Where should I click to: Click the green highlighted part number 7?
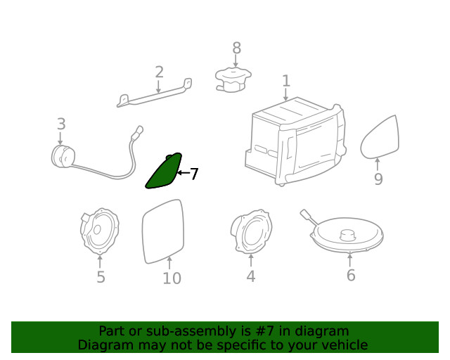[x=165, y=172]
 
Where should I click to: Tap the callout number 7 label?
[x=194, y=174]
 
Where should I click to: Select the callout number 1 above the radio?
[x=286, y=81]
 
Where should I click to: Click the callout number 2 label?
[x=160, y=72]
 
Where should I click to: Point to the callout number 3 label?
[x=61, y=124]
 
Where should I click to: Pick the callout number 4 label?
[x=251, y=276]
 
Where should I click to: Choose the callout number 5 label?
[x=101, y=277]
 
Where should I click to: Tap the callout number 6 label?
[x=351, y=275]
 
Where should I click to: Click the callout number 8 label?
[x=236, y=48]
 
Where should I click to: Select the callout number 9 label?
[x=378, y=179]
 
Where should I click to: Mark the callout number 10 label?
[x=172, y=278]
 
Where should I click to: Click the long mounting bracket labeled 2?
[x=155, y=93]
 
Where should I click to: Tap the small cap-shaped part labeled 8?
[x=233, y=79]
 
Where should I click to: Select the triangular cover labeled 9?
[x=380, y=138]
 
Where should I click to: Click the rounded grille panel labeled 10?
[x=162, y=231]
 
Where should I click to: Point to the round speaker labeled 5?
[x=99, y=231]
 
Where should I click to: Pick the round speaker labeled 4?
[x=251, y=231]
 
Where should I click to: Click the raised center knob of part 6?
[x=347, y=235]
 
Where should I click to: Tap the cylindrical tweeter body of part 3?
[x=63, y=157]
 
